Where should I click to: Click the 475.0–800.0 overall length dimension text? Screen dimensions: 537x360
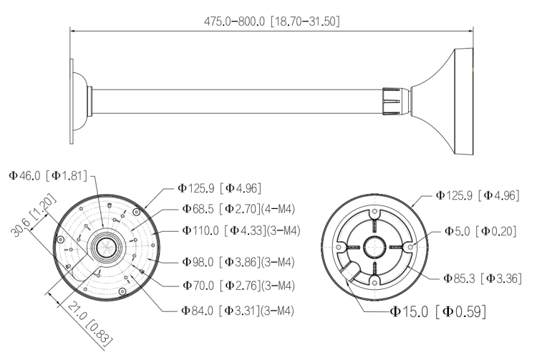272,21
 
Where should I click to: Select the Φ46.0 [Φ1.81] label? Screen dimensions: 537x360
48,175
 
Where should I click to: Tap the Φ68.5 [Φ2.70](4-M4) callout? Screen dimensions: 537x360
238,209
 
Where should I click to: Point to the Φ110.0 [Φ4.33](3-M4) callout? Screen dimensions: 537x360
241,230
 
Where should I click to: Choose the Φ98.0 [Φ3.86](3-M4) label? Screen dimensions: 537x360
238,262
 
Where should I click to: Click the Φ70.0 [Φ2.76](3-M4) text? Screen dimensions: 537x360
238,286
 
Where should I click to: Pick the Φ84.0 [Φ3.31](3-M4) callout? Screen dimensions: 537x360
238,311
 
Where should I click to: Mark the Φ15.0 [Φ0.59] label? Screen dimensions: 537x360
438,311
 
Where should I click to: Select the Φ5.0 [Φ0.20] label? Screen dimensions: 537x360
480,231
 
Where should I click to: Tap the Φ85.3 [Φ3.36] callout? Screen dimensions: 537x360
482,278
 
